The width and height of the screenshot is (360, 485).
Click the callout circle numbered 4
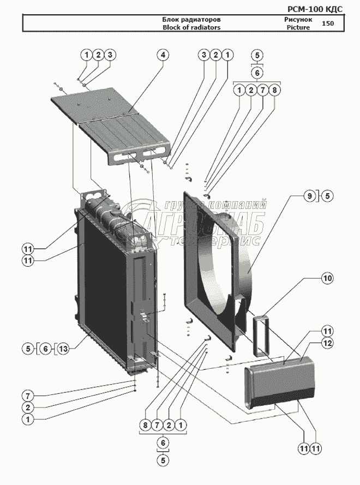pyautogui.click(x=163, y=55)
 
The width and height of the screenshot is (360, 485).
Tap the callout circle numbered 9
pyautogui.click(x=310, y=196)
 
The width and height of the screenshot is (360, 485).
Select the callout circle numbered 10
pyautogui.click(x=327, y=278)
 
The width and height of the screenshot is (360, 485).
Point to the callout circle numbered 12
pyautogui.click(x=327, y=343)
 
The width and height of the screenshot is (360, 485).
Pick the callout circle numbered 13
pyautogui.click(x=63, y=349)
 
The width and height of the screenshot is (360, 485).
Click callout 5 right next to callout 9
pyautogui.click(x=327, y=196)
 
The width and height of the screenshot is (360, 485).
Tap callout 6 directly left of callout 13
pyautogui.click(x=46, y=349)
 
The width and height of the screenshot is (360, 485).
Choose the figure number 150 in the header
pyautogui.click(x=328, y=23)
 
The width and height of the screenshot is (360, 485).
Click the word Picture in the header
pyautogui.click(x=298, y=27)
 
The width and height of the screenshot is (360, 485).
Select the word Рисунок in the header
pyautogui.click(x=298, y=19)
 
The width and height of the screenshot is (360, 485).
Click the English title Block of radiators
pyautogui.click(x=191, y=27)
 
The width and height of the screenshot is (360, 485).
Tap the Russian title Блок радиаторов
pyautogui.click(x=191, y=20)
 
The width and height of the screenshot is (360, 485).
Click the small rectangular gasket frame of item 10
pyautogui.click(x=261, y=336)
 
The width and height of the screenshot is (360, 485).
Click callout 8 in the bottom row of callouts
pyautogui.click(x=145, y=425)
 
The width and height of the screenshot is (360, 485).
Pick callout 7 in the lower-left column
pyautogui.click(x=28, y=396)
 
